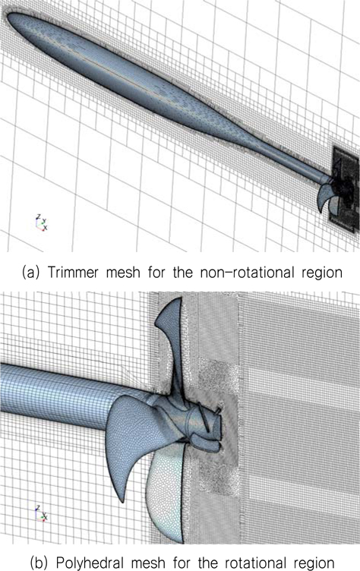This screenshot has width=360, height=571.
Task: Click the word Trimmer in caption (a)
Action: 72,272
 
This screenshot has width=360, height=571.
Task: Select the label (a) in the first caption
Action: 30,273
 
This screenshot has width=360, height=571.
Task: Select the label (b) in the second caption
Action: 39,562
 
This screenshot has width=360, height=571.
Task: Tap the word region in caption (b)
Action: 314,563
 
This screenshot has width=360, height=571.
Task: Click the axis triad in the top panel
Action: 42,222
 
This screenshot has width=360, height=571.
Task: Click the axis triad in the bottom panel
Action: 41,513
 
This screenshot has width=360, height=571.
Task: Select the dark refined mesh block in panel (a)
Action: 344,189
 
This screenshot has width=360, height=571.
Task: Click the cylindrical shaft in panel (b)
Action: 65,395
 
